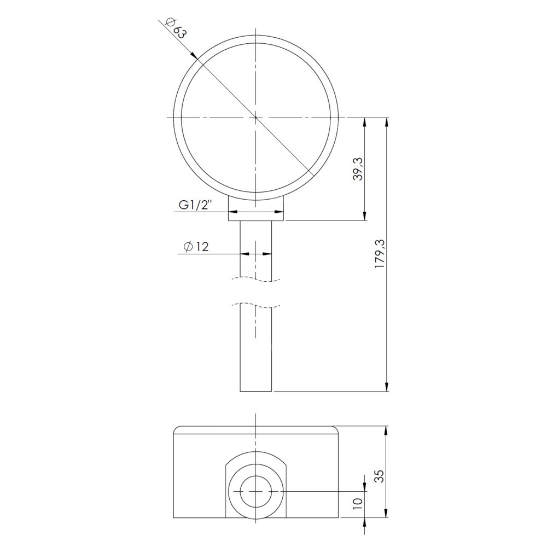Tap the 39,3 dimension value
[x=358, y=169]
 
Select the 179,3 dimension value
[x=379, y=254]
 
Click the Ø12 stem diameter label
[x=196, y=247]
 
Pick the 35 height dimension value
[x=379, y=476]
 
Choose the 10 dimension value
[x=358, y=504]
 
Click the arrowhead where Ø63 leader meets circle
[x=194, y=55]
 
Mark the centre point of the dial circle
[x=256, y=118]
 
